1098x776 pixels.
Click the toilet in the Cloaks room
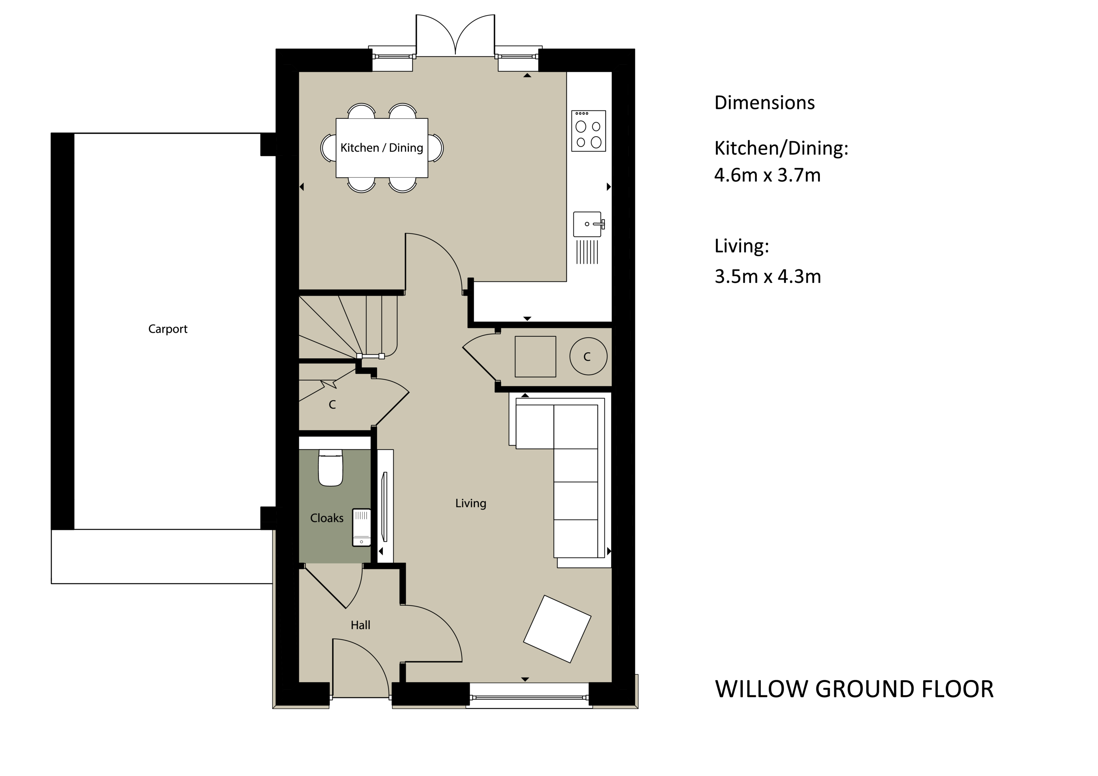point(331,468)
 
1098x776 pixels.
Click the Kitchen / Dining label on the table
point(382,148)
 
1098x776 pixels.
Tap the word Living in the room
point(471,503)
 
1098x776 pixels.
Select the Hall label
point(360,625)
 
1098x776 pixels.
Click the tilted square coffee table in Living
point(557,629)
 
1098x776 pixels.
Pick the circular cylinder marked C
point(588,356)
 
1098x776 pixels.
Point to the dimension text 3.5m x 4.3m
point(767,277)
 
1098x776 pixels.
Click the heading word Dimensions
point(764,103)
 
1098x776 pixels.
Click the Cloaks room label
point(327,518)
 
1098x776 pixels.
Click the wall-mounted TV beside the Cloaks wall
point(384,507)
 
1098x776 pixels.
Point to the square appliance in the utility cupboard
point(535,357)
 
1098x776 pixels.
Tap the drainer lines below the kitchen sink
point(587,252)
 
